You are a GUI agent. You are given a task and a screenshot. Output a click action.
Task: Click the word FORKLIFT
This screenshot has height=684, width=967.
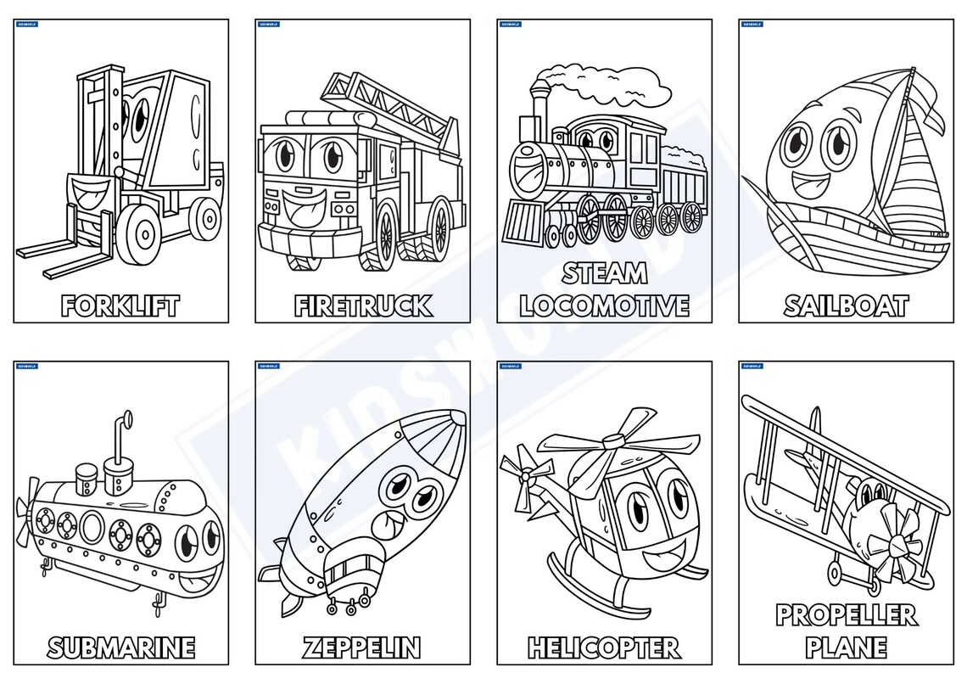coord(120,306)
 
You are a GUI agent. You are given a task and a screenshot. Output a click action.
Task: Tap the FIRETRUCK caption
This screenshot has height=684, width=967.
coord(363,306)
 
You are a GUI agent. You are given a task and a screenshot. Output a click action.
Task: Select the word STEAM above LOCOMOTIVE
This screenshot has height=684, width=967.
coord(605,273)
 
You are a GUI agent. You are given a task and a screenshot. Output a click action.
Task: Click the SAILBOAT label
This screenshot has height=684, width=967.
coord(846,306)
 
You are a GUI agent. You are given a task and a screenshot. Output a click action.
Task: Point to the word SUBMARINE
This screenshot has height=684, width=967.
coord(120,648)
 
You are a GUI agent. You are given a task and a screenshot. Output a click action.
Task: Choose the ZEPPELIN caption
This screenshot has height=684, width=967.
coord(362,648)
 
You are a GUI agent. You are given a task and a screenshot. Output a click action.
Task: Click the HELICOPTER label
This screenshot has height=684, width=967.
coord(604,648)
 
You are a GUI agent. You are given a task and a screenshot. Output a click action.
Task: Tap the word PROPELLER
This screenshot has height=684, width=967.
coord(846,615)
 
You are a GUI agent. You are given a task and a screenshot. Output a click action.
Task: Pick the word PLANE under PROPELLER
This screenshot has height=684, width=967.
coord(846,648)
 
